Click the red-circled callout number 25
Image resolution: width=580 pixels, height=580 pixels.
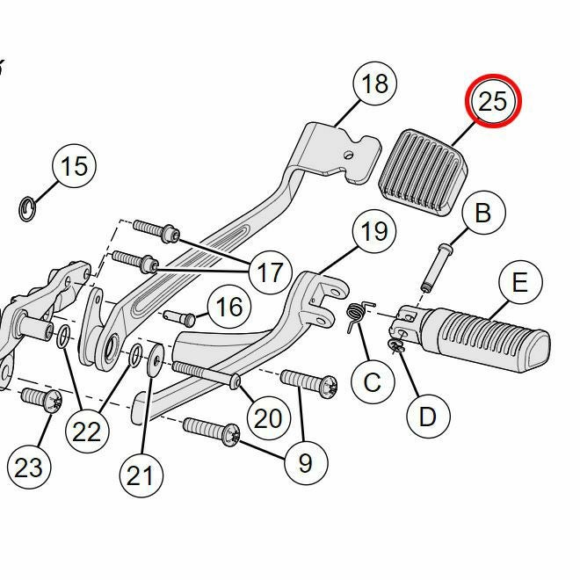click(492, 101)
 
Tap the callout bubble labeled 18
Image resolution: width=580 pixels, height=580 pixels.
click(374, 83)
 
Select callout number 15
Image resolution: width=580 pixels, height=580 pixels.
click(75, 165)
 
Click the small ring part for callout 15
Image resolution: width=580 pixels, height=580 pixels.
click(28, 208)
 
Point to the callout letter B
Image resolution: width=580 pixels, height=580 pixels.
click(482, 213)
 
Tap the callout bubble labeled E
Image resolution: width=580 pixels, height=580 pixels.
click(519, 283)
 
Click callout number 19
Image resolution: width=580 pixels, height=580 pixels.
click(373, 232)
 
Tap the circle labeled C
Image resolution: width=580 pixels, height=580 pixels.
click(372, 382)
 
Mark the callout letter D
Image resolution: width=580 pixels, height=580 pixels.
click(427, 416)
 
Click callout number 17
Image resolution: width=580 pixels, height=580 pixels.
click(270, 272)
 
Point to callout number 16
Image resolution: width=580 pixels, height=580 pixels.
click(228, 307)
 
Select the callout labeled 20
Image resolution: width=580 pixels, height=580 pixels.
click(267, 417)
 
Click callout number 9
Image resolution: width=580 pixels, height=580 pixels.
click(305, 463)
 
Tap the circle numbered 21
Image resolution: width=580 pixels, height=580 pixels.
click(140, 475)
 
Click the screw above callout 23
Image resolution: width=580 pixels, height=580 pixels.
click(40, 400)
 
